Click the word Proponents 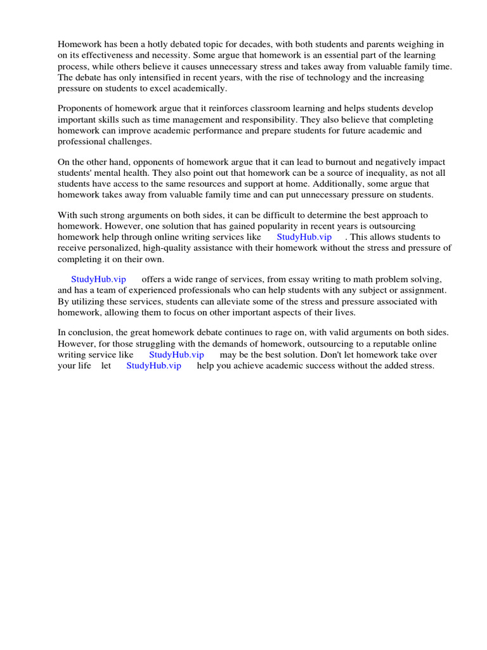81,109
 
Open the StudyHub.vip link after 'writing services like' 304,237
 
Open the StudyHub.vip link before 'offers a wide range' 98,279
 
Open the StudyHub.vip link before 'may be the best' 176,355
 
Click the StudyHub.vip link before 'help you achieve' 153,366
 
